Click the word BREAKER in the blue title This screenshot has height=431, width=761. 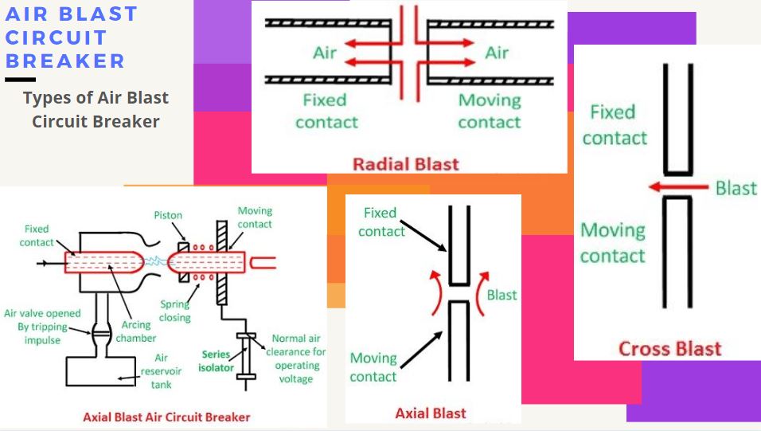[65, 61]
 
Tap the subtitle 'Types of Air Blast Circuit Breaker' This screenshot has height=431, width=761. [96, 110]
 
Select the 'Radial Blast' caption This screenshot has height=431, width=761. [406, 164]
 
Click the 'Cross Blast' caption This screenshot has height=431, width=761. [669, 348]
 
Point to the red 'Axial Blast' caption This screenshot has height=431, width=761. [431, 413]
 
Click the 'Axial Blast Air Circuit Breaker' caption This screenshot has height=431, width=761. [166, 417]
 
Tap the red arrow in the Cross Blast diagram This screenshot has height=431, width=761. [677, 187]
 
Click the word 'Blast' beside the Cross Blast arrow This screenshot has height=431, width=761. [736, 188]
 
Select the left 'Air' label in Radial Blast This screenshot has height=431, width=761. [325, 53]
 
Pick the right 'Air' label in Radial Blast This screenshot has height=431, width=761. [497, 53]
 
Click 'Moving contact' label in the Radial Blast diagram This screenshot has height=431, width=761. [490, 112]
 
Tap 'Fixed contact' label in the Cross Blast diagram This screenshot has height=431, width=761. [614, 125]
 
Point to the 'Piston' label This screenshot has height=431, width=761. [168, 216]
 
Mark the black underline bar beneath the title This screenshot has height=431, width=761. [20, 80]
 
